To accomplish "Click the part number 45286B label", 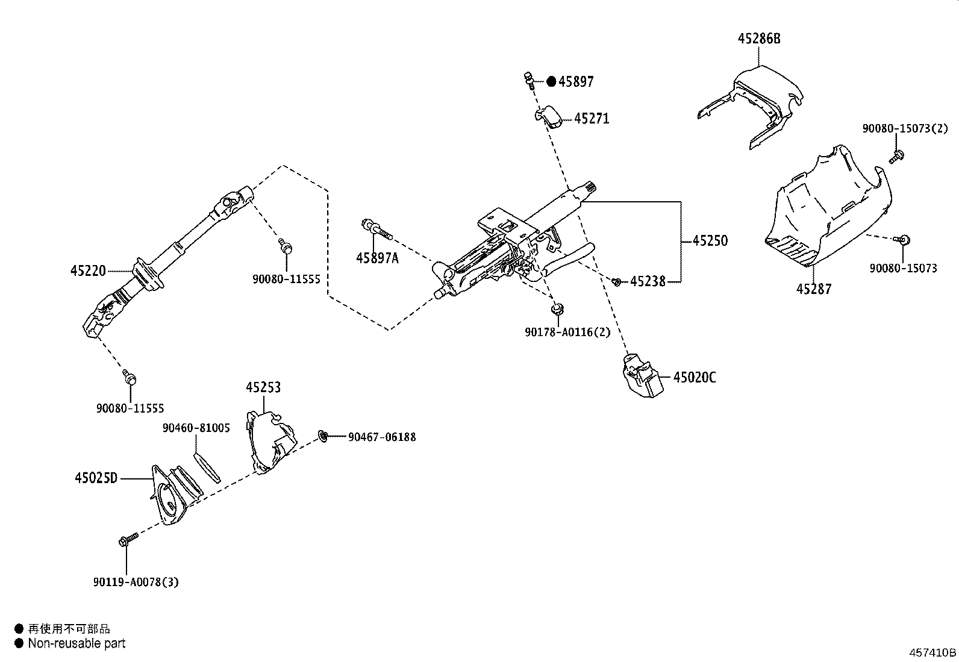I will (x=758, y=39).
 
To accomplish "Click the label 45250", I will (x=710, y=241).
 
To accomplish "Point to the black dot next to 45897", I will (x=551, y=82).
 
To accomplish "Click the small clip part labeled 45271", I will (x=549, y=116).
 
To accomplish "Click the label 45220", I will (x=88, y=271).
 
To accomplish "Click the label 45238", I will (x=648, y=281).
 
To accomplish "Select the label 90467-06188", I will (x=382, y=437).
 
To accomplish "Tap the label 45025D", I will (x=96, y=478).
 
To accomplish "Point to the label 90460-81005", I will (x=196, y=428).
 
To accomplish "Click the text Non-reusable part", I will (x=77, y=643).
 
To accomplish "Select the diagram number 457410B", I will (x=932, y=653).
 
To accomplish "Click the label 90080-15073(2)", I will (x=905, y=128).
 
